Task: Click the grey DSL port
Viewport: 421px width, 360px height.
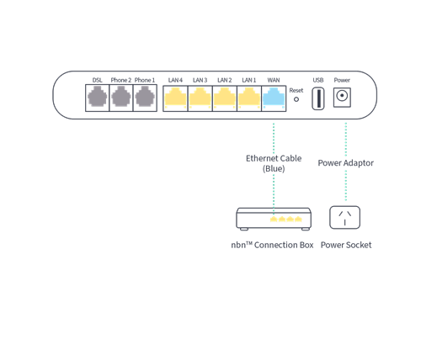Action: (x=98, y=99)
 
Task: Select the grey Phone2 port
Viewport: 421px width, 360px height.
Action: (x=121, y=99)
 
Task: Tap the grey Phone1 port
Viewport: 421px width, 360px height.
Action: (x=146, y=99)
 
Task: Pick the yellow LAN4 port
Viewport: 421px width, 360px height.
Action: (x=176, y=99)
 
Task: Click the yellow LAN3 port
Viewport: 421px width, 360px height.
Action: (x=200, y=99)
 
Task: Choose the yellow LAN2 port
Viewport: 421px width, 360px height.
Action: (x=225, y=99)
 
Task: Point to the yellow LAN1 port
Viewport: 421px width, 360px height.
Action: (x=249, y=99)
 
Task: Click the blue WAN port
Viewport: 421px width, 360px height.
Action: (x=274, y=99)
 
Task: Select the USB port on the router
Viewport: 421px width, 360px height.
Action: (x=317, y=99)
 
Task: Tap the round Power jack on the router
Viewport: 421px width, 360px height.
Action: (x=342, y=99)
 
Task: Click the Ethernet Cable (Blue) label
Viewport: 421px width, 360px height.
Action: (x=273, y=162)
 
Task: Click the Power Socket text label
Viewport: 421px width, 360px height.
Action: (x=345, y=245)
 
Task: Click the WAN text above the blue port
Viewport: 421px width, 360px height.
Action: (x=274, y=79)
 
